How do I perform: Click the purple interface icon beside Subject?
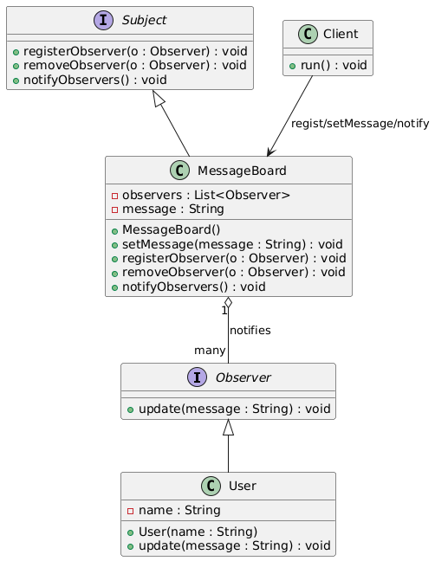click(x=103, y=20)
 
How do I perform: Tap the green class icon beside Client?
click(x=308, y=34)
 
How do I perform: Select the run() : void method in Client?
click(x=334, y=66)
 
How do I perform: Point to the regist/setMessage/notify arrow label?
click(x=360, y=124)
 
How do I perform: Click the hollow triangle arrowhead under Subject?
click(x=159, y=98)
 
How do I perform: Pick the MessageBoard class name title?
click(x=242, y=171)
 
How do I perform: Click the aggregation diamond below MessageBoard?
click(x=228, y=302)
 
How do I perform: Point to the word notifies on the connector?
click(x=250, y=330)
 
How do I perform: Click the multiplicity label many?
click(x=210, y=351)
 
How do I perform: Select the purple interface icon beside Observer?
click(x=197, y=377)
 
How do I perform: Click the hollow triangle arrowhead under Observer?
click(x=229, y=427)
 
